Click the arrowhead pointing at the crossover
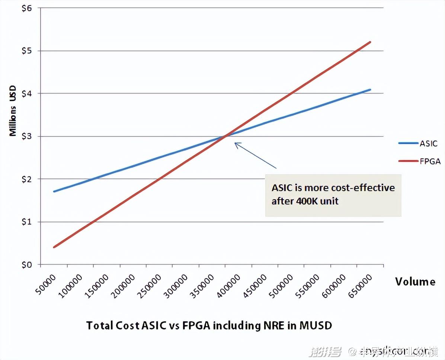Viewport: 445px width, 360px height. click(x=236, y=143)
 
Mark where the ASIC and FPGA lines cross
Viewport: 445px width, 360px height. click(x=225, y=136)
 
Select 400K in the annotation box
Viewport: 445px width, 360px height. click(x=307, y=201)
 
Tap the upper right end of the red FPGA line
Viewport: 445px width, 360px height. click(x=370, y=42)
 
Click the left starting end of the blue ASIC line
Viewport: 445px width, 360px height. click(x=54, y=192)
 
